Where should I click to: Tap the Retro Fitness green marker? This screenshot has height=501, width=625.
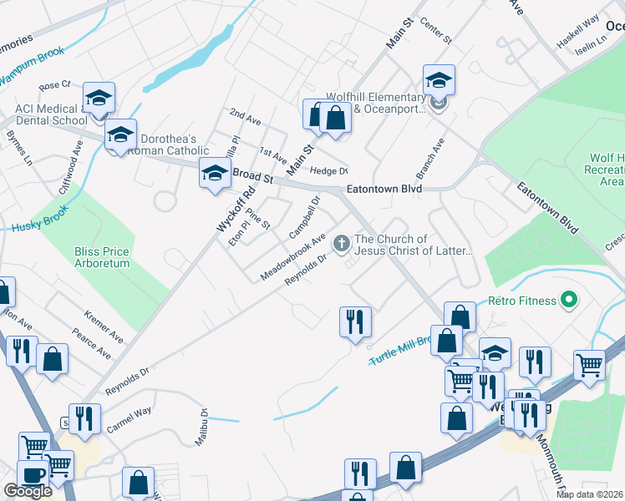click(x=570, y=298)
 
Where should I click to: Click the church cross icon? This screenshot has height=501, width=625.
click(x=341, y=244)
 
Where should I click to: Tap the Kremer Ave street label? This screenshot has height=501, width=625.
click(x=104, y=327)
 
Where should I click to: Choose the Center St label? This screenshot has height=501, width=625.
click(x=436, y=33)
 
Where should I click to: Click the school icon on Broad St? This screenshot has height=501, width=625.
click(x=214, y=174)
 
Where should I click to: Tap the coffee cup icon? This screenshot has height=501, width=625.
click(x=33, y=474)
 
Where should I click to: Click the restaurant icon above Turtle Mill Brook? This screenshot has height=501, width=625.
click(x=355, y=320)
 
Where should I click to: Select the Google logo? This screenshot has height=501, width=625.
click(x=28, y=491)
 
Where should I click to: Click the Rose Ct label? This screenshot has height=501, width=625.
click(x=55, y=85)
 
